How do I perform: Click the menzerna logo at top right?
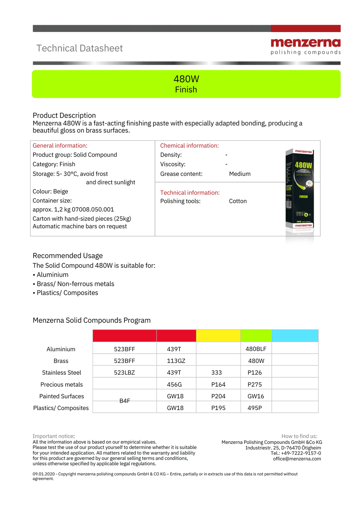pyautogui.click(x=305, y=46)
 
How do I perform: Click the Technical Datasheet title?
pyautogui.click(x=79, y=48)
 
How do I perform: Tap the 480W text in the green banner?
pyautogui.click(x=186, y=79)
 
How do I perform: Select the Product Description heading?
pyautogui.click(x=64, y=115)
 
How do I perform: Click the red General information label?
pyautogui.click(x=60, y=146)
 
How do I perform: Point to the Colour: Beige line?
pyautogui.click(x=50, y=191)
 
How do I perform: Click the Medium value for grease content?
pyautogui.click(x=240, y=174)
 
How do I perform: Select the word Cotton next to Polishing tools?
pyautogui.click(x=238, y=201)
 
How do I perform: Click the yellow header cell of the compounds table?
pyautogui.click(x=218, y=336)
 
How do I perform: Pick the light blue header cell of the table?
pyautogui.click(x=295, y=336)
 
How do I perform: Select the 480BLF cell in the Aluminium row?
pyautogui.click(x=256, y=349)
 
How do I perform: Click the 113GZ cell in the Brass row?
pyautogui.click(x=176, y=361)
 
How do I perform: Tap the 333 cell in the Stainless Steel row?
pyautogui.click(x=217, y=373)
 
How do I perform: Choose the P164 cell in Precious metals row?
pyautogui.click(x=218, y=385)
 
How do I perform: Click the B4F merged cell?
pyautogui.click(x=124, y=401)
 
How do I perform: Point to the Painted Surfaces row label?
pyautogui.click(x=61, y=396)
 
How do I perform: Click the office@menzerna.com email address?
pyautogui.click(x=297, y=459)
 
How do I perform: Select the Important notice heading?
pyautogui.click(x=53, y=436)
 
